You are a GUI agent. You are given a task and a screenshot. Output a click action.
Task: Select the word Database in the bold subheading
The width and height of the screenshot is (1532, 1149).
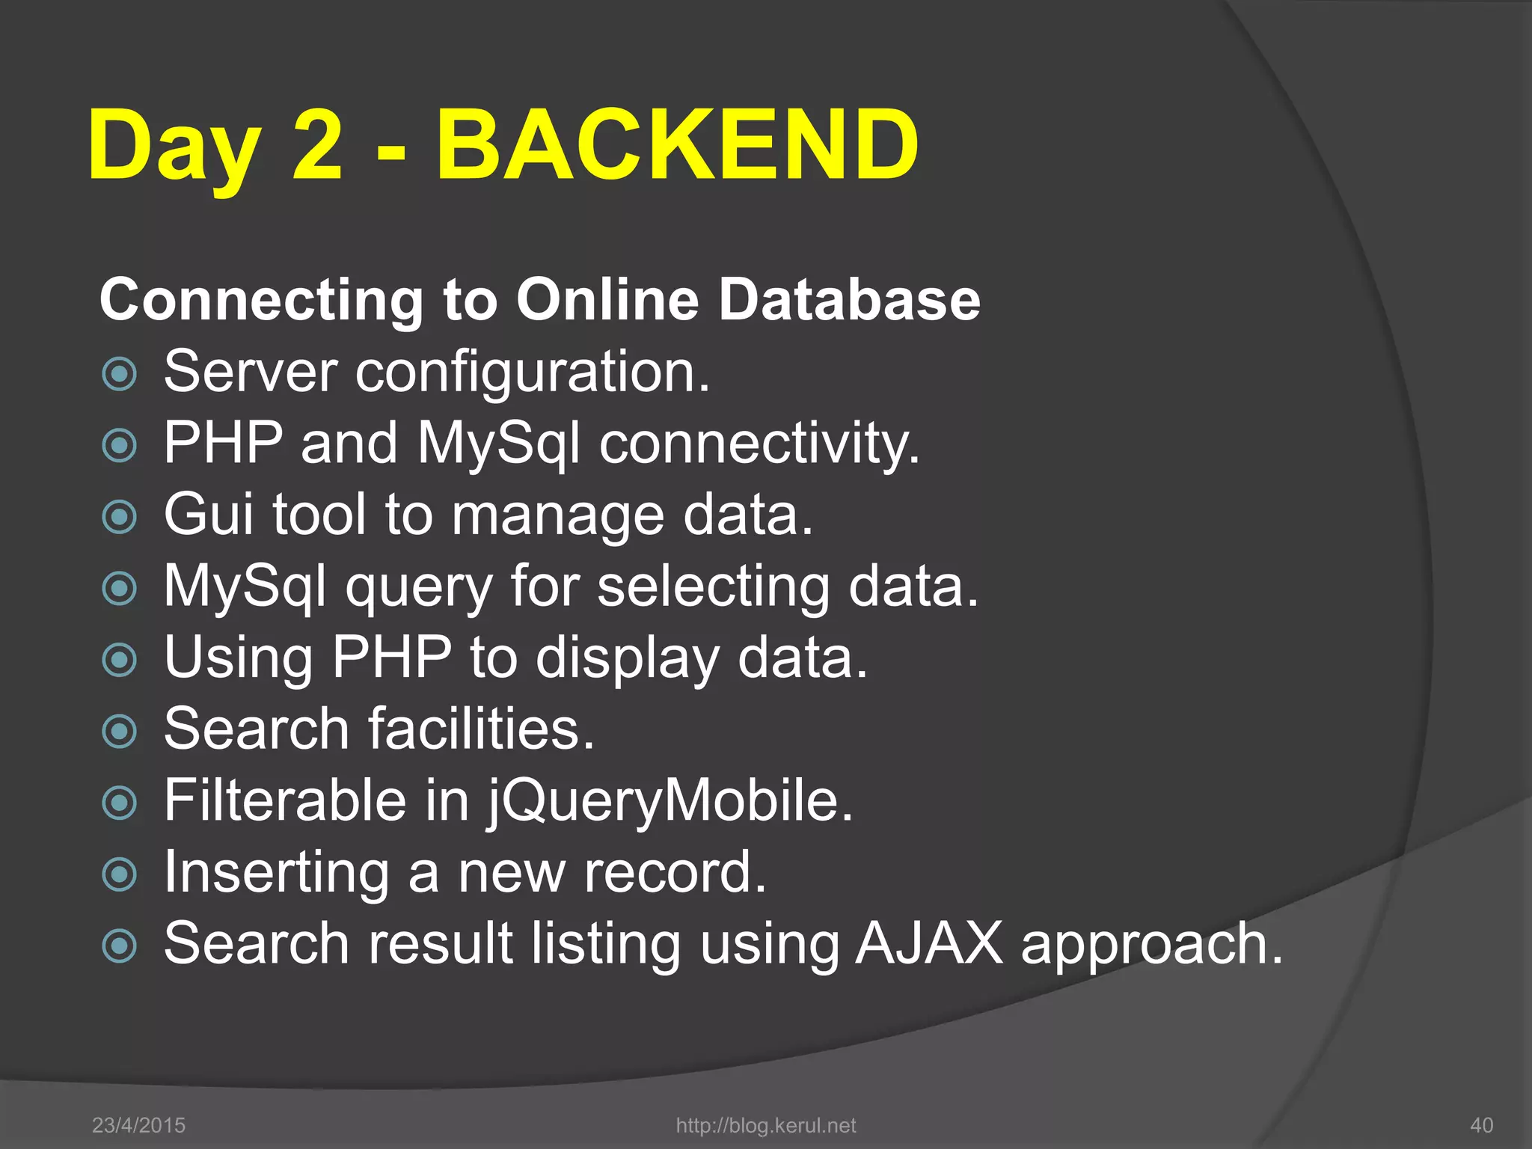point(849,300)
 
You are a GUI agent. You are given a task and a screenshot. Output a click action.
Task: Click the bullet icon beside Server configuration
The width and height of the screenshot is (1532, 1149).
point(120,374)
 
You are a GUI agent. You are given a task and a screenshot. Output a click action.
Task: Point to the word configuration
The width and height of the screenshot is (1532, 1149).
point(532,372)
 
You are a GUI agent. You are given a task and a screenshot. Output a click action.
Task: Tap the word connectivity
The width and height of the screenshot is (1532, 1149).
point(759,444)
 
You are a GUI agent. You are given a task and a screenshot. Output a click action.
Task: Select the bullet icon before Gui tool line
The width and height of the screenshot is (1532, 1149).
point(120,517)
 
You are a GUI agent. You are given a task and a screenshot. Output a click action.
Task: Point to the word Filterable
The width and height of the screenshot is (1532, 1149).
point(285,800)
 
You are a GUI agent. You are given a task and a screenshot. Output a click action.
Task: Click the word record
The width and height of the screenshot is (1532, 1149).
point(675,872)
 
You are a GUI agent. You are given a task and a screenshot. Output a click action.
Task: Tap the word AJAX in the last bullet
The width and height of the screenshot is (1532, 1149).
point(928,943)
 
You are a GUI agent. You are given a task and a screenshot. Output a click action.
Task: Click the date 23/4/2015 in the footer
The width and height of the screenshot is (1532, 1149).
point(138,1125)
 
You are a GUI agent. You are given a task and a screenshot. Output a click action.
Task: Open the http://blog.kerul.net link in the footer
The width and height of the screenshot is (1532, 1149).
point(765,1125)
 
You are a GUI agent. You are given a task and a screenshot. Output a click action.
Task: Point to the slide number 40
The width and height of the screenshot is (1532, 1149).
point(1482,1125)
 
